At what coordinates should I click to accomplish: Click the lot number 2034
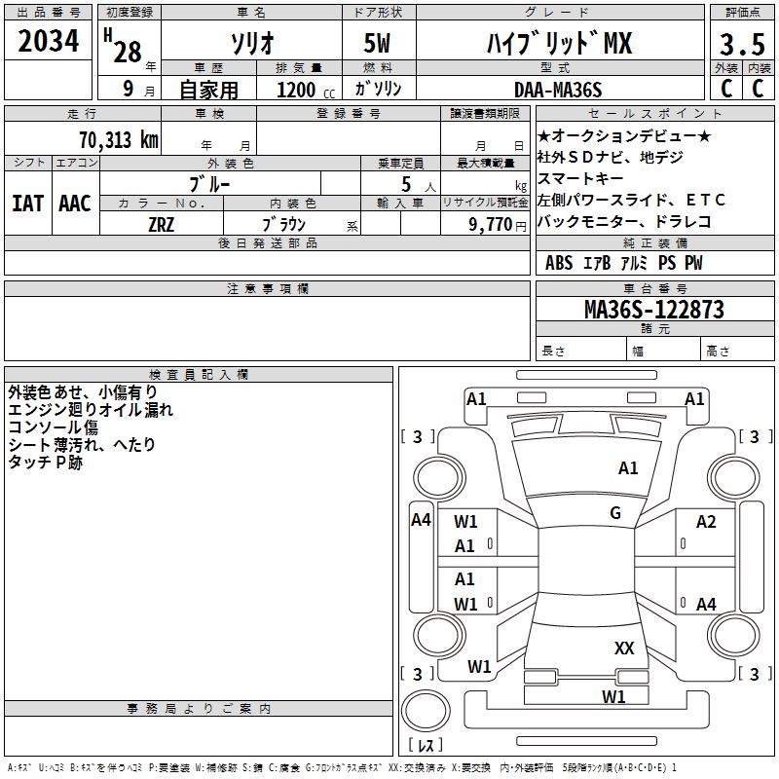tap(49, 42)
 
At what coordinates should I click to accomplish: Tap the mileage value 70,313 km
tap(116, 139)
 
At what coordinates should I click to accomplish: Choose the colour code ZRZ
tap(162, 224)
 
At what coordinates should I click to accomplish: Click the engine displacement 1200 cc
tap(301, 90)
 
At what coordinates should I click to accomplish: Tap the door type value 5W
tap(380, 45)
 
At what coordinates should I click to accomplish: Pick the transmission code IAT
tap(27, 204)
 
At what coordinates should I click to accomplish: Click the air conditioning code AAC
tap(75, 204)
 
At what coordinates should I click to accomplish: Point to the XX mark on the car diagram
tap(624, 648)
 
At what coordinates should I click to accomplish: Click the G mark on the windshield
tap(614, 513)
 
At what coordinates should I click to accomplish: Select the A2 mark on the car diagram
tap(706, 522)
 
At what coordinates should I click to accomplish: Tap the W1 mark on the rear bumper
tap(612, 696)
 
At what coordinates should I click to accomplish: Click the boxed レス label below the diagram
tap(425, 745)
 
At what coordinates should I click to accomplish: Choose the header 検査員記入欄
tap(198, 374)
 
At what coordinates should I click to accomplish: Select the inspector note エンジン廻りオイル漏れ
tap(91, 410)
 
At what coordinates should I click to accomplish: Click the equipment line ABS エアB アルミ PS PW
tap(623, 263)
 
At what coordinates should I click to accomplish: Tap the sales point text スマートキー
tap(581, 178)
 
